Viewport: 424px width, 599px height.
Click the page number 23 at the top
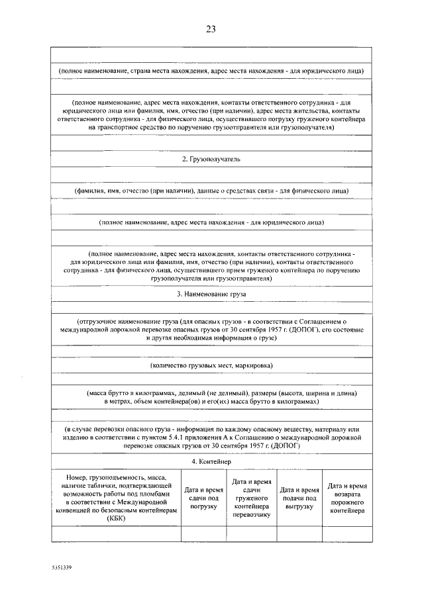tap(211, 28)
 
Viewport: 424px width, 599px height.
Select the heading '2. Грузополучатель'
tap(211, 160)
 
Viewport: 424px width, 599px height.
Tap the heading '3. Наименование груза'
tap(211, 293)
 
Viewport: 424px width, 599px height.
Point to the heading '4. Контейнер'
tap(211, 461)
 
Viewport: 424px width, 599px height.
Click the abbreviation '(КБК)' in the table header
tap(116, 520)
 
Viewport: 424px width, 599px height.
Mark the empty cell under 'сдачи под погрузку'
tap(203, 533)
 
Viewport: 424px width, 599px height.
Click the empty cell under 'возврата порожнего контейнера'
tap(346, 533)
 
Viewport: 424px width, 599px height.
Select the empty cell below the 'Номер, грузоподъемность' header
tap(116, 533)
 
